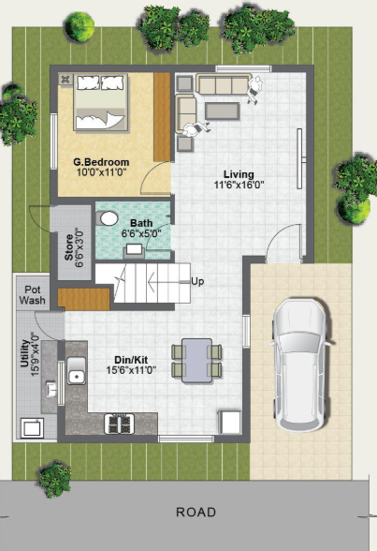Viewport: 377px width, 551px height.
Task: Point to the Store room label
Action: coord(66,247)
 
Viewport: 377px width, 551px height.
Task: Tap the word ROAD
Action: coord(196,513)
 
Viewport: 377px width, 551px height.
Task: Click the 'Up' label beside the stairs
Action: coord(197,280)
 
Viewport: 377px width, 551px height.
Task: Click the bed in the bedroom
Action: coord(98,106)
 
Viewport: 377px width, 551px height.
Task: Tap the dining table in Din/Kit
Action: coord(196,359)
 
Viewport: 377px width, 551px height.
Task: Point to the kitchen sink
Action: coord(76,378)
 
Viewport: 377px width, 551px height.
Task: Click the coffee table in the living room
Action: coord(222,112)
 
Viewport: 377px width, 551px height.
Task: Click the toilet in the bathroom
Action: coord(109,219)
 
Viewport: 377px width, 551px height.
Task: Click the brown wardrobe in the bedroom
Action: coord(162,115)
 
